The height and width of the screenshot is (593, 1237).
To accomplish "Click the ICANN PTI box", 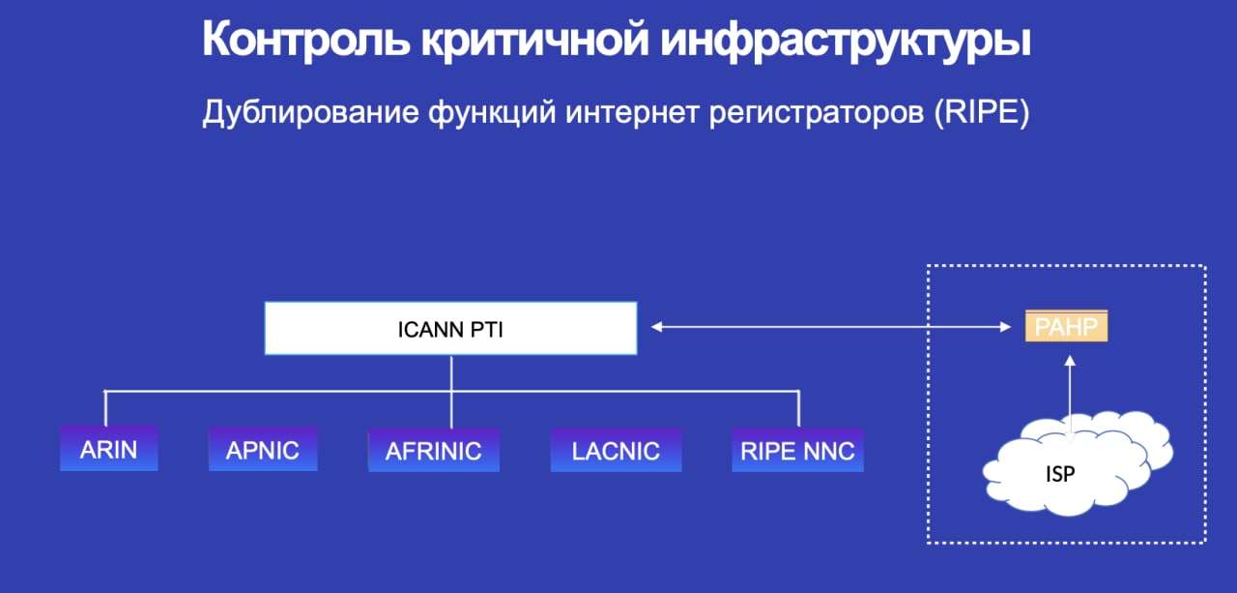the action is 450,328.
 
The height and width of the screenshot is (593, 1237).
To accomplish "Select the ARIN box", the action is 109,448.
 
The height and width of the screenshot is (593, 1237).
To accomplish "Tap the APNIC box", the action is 263,449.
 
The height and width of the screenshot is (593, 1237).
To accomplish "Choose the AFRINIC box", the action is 434,450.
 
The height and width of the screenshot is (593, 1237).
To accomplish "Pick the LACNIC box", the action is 616,450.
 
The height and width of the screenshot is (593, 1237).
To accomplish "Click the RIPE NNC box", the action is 797,450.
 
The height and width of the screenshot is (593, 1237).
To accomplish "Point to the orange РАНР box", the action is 1066,326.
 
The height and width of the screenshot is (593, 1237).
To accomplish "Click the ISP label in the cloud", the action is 1060,474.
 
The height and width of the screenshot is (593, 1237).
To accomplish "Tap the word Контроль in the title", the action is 306,40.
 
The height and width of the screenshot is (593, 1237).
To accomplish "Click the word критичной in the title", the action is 534,40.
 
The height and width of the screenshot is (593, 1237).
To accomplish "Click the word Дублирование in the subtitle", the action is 311,113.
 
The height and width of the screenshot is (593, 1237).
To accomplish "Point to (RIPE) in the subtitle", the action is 982,113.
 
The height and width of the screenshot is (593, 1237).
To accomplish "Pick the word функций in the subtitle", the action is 492,113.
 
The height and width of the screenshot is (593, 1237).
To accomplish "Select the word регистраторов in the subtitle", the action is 817,113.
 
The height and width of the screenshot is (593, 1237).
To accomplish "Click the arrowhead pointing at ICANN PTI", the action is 656,327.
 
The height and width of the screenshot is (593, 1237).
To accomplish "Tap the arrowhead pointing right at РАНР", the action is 1006,327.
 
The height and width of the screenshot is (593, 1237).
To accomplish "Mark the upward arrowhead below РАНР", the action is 1070,361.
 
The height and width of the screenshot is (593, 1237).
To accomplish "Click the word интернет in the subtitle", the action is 632,113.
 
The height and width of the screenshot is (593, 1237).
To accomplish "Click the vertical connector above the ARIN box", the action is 105,408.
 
